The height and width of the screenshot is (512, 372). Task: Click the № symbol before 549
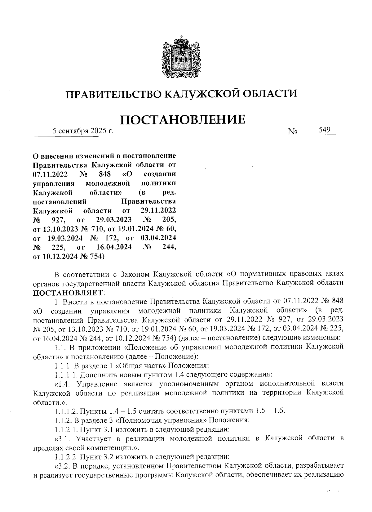(x=292, y=132)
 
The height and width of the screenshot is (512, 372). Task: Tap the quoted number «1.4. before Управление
(x=64, y=384)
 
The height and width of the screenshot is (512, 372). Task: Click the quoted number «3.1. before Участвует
(x=64, y=438)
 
